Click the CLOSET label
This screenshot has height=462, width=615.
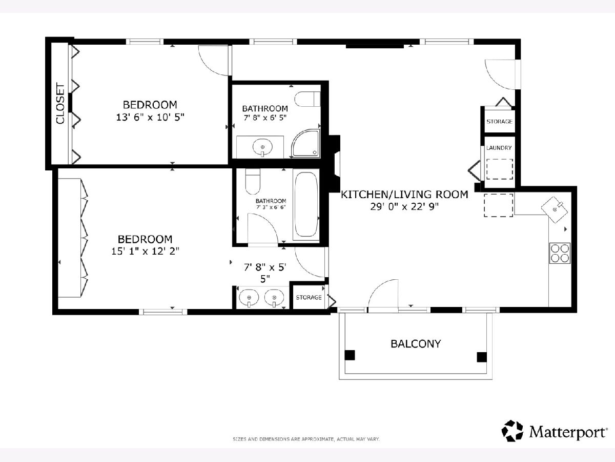pos(60,103)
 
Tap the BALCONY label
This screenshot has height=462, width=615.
pos(416,344)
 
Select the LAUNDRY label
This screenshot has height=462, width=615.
pos(499,148)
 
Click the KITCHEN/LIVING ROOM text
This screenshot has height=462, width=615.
pos(404,195)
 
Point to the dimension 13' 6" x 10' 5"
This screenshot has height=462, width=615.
pos(150,117)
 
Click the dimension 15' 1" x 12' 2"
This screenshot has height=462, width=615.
pos(145,251)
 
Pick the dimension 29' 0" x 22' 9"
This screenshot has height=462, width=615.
pos(404,207)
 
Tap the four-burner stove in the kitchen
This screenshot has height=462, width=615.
pos(560,253)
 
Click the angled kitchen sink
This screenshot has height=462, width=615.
pos(555,209)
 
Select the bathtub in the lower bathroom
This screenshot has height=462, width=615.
pos(306,204)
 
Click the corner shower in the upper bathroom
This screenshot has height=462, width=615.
pos(305,143)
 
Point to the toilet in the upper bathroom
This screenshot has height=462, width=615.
pos(307,99)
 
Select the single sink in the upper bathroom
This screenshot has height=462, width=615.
pos(262,147)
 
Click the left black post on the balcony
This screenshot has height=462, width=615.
pos(350,355)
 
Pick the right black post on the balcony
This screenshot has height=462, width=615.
pos(482,357)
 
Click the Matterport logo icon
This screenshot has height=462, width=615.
pos(512,431)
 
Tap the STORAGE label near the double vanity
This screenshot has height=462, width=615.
pos(309,297)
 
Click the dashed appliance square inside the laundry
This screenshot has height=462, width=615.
pos(500,169)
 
